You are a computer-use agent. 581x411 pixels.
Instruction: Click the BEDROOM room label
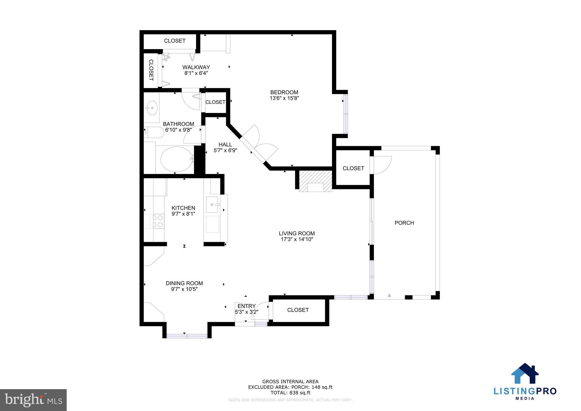click(284, 92)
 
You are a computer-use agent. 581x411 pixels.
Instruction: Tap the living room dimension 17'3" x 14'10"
click(296, 239)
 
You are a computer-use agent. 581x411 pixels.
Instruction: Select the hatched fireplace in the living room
click(315, 181)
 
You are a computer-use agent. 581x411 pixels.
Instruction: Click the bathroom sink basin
click(152, 108)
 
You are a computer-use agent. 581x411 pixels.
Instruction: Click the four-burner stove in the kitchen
click(157, 221)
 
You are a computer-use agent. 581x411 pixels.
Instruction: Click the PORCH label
click(404, 223)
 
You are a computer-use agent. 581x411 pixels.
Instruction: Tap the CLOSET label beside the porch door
click(353, 168)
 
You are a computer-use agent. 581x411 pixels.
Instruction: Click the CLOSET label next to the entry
click(298, 310)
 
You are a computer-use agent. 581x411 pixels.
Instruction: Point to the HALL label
click(225, 144)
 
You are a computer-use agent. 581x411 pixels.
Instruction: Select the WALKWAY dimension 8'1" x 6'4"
click(196, 73)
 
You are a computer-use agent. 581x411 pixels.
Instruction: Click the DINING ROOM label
click(184, 283)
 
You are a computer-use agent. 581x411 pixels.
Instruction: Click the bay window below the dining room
click(187, 336)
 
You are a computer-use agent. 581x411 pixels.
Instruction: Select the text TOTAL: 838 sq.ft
click(290, 393)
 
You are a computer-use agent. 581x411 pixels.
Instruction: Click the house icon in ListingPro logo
click(525, 374)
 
